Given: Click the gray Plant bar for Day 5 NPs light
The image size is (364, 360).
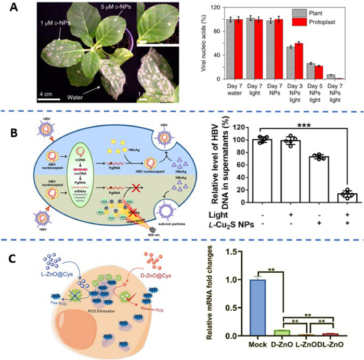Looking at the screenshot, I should click(311, 71).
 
